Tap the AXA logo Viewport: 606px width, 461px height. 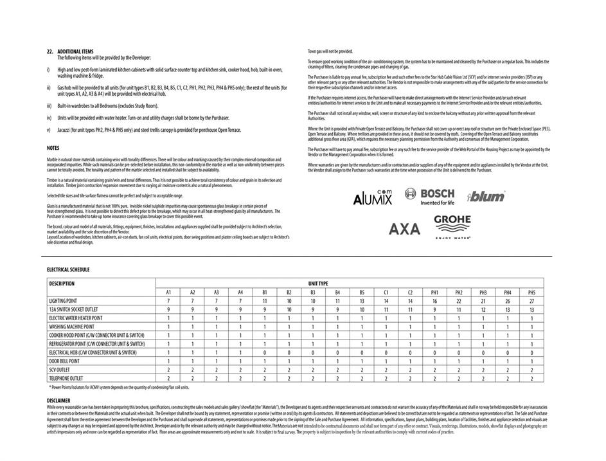tap(404, 228)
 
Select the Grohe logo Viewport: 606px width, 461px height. tap(452, 226)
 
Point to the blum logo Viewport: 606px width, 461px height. tap(486, 197)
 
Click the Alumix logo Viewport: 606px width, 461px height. tap(372, 198)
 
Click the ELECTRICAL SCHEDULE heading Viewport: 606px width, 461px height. tap(68, 270)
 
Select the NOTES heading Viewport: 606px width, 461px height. tap(53, 148)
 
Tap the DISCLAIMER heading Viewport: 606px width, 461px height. tap(58, 400)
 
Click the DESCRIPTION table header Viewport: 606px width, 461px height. tap(62, 284)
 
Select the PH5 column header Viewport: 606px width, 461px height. tap(531, 292)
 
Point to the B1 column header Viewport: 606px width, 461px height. tap(265, 292)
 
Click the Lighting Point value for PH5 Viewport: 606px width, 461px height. tap(531, 301)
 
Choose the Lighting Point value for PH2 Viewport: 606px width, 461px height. tap(459, 301)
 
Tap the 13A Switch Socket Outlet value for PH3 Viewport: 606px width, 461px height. tap(483, 309)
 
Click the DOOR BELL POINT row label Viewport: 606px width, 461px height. tap(68, 361)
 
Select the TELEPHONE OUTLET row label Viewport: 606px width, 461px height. tap(66, 379)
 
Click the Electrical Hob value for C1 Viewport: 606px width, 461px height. tap(386, 352)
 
